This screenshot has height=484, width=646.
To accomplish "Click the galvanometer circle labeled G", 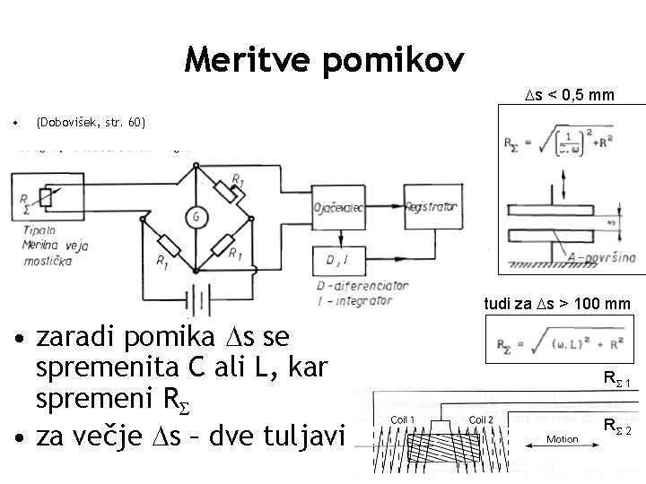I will pyautogui.click(x=194, y=215).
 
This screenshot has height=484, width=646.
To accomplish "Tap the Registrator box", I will pyautogui.click(x=431, y=207).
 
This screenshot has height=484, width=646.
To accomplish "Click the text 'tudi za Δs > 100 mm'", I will pyautogui.click(x=557, y=305).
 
